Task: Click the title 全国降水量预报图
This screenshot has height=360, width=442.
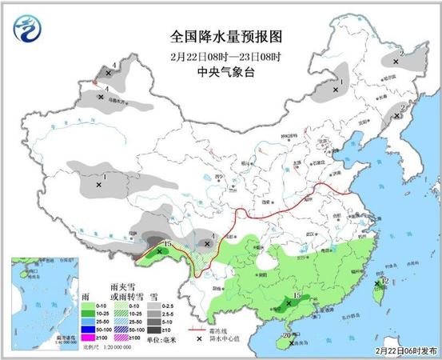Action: [226, 37]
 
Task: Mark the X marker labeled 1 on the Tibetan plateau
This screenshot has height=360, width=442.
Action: [98, 185]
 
